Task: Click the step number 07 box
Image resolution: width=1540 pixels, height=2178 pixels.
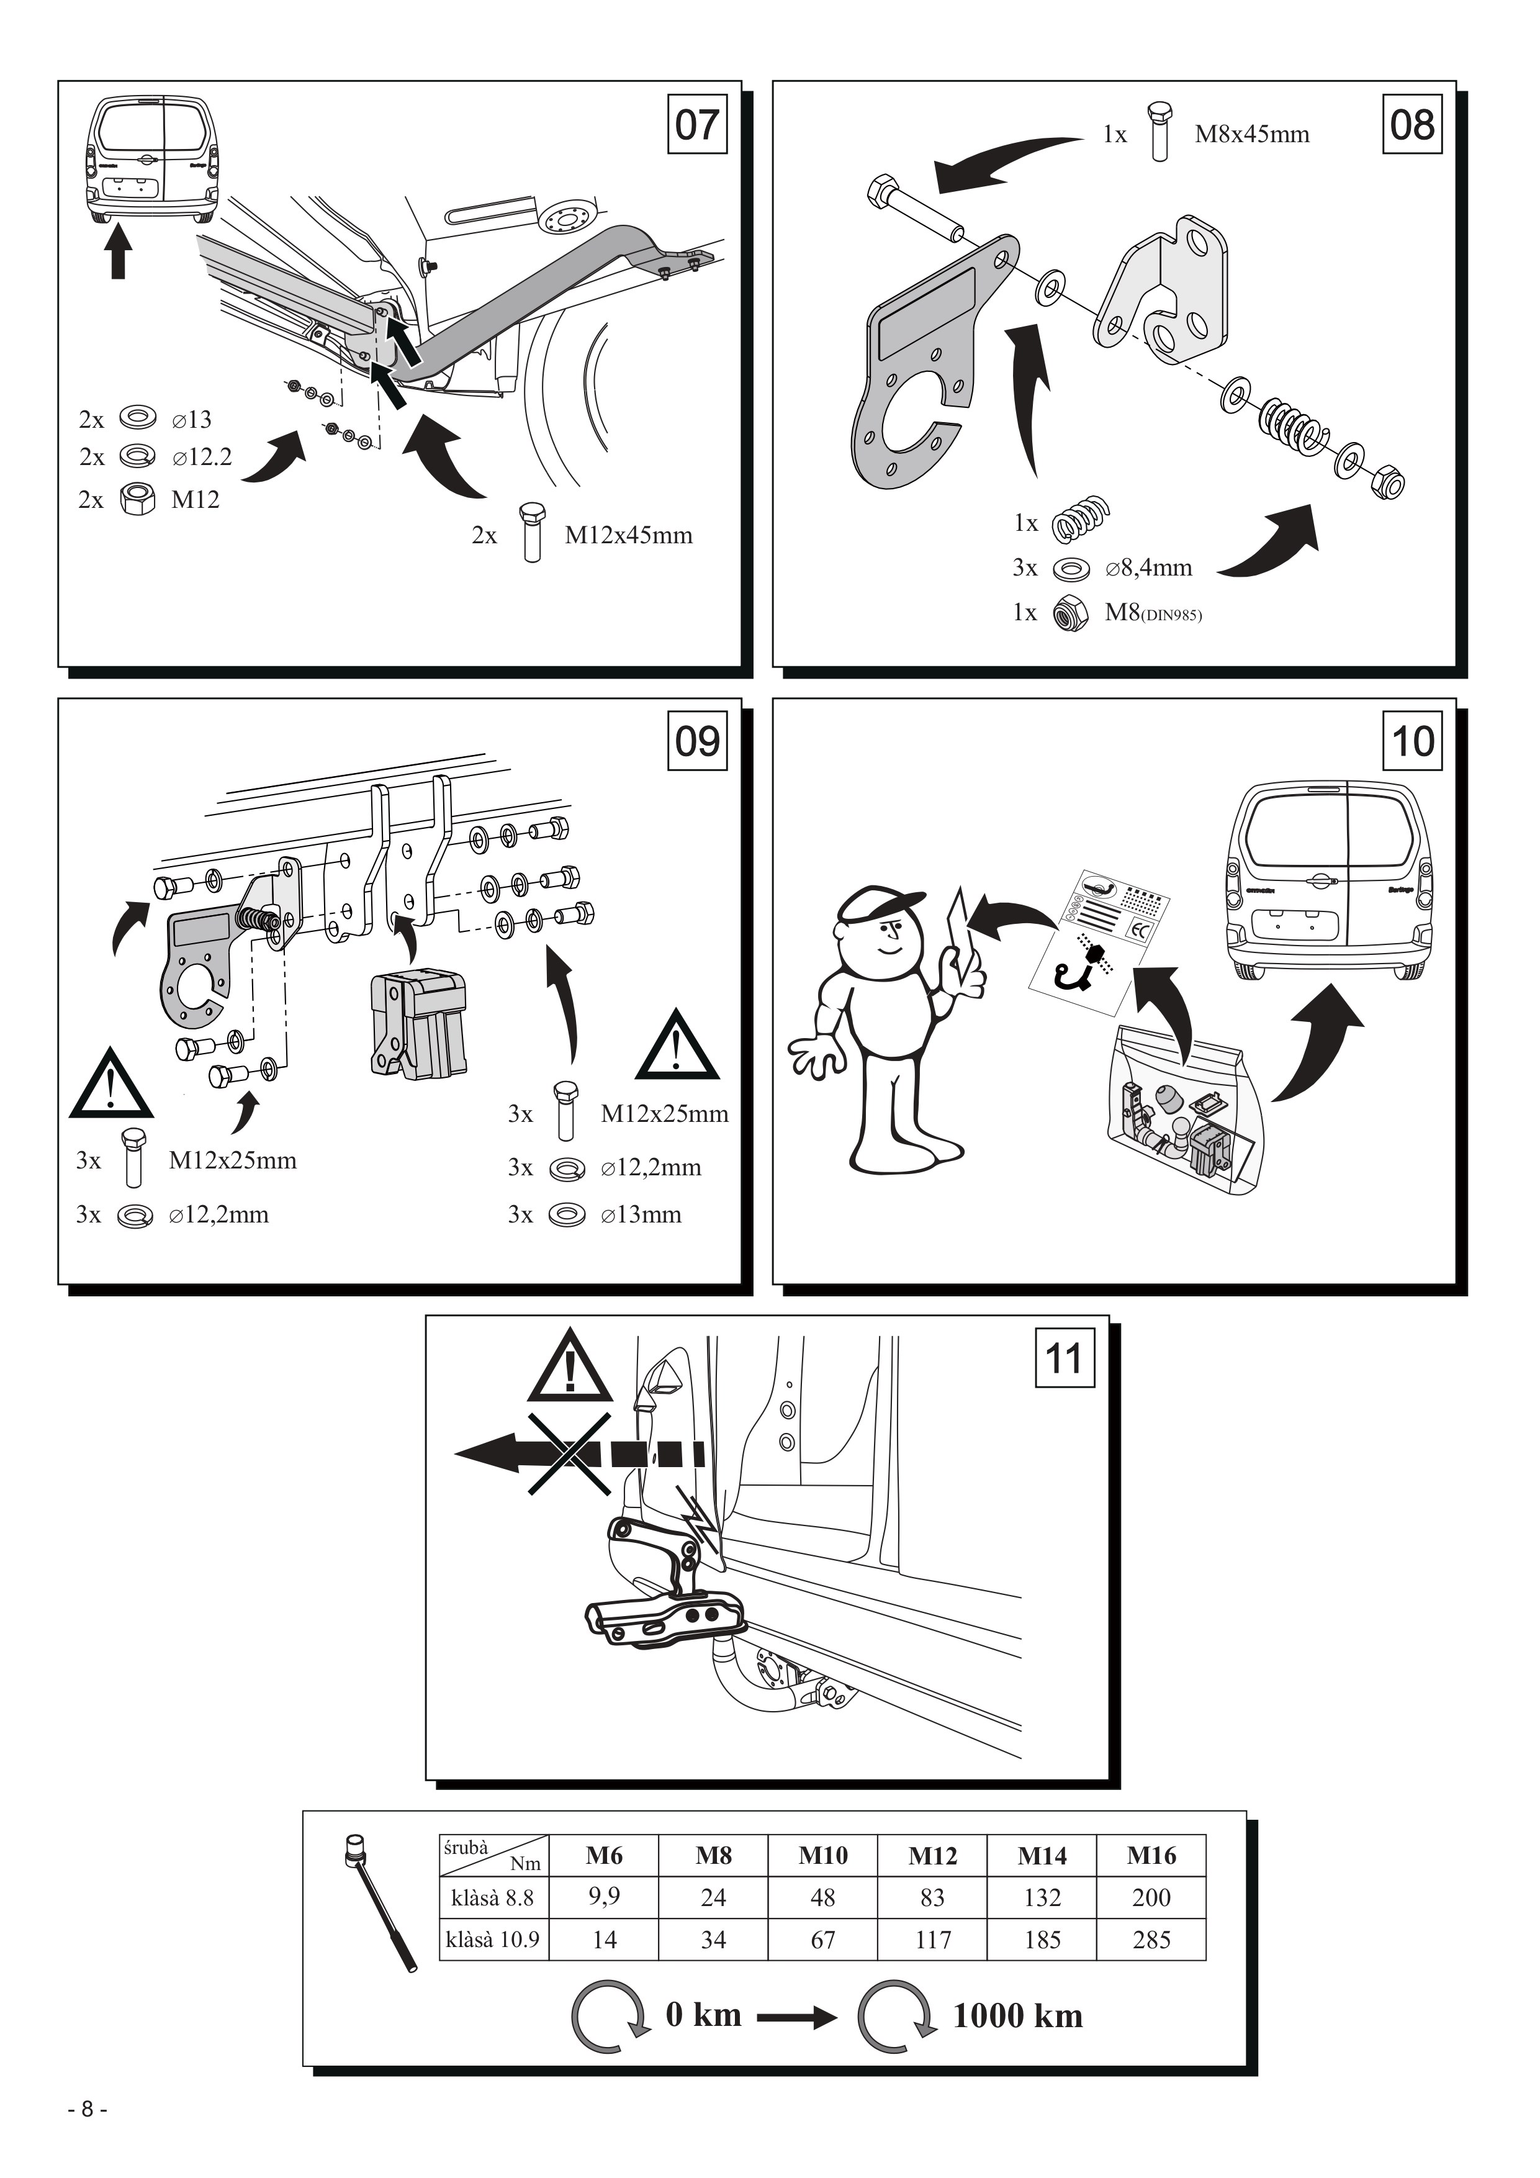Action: [x=697, y=124]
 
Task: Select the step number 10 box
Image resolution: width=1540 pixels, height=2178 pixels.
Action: [x=1413, y=741]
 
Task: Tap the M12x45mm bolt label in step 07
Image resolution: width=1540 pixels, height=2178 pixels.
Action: [x=629, y=535]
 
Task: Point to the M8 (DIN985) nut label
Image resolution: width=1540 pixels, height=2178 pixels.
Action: [x=1153, y=613]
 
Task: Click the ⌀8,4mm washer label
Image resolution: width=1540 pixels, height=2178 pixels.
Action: [x=1148, y=568]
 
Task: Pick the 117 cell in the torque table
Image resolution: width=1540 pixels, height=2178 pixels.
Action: [x=933, y=1940]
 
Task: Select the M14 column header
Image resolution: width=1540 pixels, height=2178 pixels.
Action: [x=1042, y=1856]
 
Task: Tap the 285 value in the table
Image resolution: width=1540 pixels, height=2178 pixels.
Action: [x=1151, y=1940]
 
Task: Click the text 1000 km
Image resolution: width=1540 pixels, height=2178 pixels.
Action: [x=1017, y=2017]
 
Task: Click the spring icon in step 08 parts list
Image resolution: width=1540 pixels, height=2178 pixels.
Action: [x=1081, y=520]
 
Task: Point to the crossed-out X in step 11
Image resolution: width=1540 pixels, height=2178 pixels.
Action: [x=569, y=1454]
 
